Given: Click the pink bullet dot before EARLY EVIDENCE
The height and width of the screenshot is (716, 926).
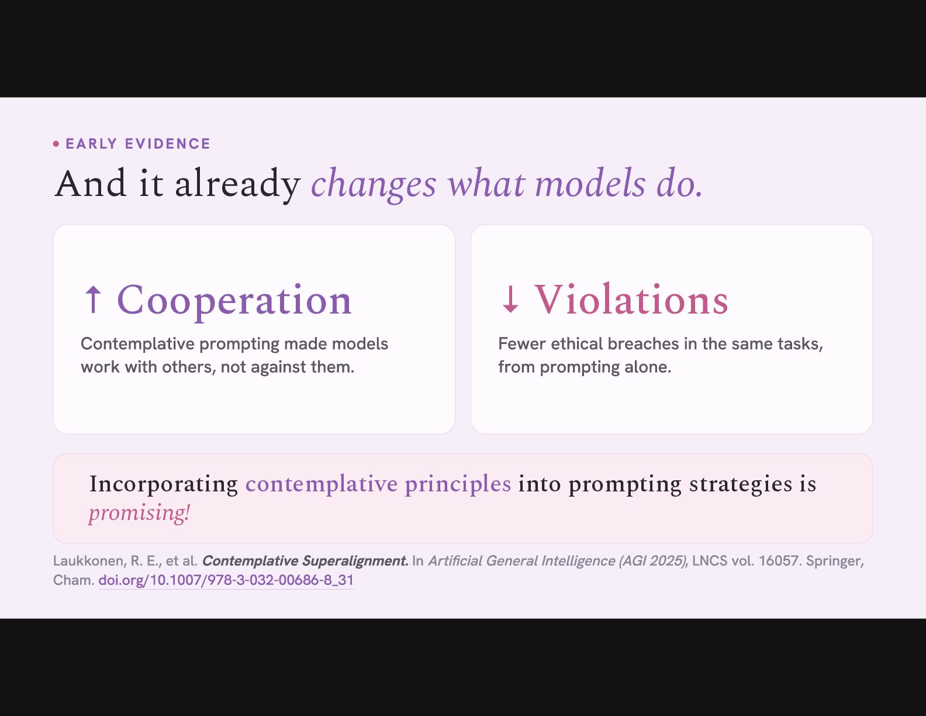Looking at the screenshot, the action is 56,144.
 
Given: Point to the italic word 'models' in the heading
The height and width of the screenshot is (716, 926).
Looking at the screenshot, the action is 590,183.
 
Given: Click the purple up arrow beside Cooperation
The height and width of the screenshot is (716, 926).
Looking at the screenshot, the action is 93,300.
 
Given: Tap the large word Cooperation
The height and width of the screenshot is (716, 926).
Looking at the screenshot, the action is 234,301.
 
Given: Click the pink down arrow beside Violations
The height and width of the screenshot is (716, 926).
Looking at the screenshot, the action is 510,300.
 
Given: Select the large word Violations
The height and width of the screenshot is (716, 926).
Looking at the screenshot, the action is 631,300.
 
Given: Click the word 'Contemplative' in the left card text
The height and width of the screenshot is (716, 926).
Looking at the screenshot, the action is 137,344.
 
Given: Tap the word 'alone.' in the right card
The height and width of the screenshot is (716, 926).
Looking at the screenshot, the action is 648,367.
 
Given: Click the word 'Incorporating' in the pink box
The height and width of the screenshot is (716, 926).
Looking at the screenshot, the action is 163,484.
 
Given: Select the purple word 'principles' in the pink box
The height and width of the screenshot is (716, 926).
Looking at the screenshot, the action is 458,484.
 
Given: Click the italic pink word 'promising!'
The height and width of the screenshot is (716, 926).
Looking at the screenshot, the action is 139,512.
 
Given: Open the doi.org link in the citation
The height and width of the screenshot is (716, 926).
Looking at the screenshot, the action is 226,580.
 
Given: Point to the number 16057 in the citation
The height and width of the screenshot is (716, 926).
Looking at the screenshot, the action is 778,561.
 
